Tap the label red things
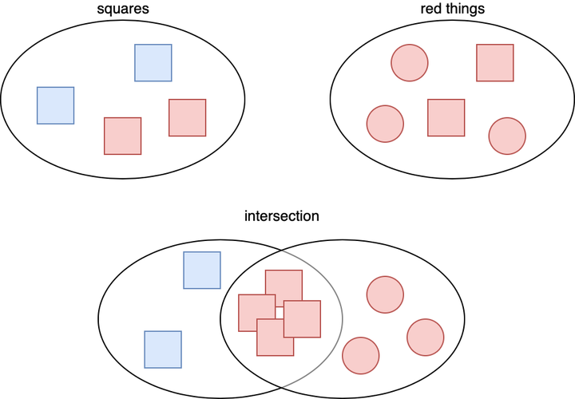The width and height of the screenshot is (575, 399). (x=453, y=11)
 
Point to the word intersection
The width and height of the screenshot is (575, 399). (x=282, y=216)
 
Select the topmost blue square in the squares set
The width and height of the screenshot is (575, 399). (x=153, y=62)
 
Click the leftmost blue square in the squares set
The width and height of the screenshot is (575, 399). (x=56, y=105)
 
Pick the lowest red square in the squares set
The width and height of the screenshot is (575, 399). (x=123, y=136)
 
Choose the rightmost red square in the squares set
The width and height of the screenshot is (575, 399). (x=188, y=117)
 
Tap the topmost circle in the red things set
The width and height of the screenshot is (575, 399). (x=410, y=62)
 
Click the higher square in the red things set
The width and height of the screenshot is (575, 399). (x=495, y=62)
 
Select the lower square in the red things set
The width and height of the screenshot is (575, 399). (x=446, y=117)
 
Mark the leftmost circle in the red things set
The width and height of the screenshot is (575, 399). (x=385, y=124)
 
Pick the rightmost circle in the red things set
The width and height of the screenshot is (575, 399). (x=507, y=136)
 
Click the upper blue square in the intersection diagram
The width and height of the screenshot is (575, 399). (x=202, y=270)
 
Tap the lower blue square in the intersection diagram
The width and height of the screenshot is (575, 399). (x=163, y=350)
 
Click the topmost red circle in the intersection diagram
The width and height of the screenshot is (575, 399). (x=385, y=294)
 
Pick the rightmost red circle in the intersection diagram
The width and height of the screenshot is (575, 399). (x=425, y=337)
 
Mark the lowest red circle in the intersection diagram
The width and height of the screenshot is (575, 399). (x=360, y=355)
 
